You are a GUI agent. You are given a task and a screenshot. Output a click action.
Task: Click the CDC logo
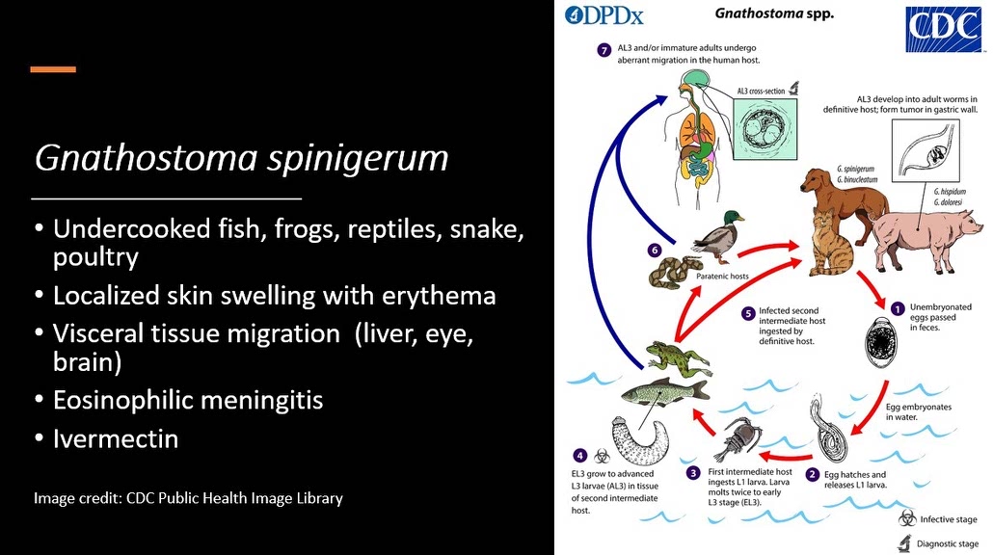(943, 30)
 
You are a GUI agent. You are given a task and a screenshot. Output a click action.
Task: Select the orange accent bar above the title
(53, 69)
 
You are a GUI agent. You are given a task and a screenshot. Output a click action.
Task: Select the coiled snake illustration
(676, 270)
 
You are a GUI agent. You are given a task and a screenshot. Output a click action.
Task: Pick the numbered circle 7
(604, 50)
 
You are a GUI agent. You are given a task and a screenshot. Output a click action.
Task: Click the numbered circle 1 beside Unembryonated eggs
(897, 309)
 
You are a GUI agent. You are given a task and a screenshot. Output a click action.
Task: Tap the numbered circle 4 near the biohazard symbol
(579, 455)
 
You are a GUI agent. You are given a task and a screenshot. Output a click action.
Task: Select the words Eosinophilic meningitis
(188, 400)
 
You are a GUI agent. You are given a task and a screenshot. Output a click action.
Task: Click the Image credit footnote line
(188, 498)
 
